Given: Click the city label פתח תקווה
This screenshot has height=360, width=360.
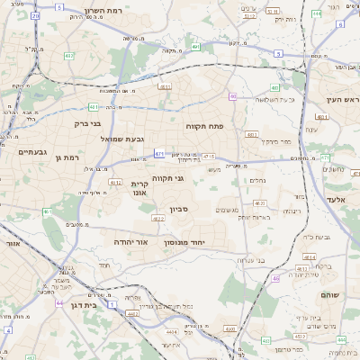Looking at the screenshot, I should coord(204,127).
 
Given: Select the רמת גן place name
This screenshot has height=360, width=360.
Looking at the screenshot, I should coord(70,157).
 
